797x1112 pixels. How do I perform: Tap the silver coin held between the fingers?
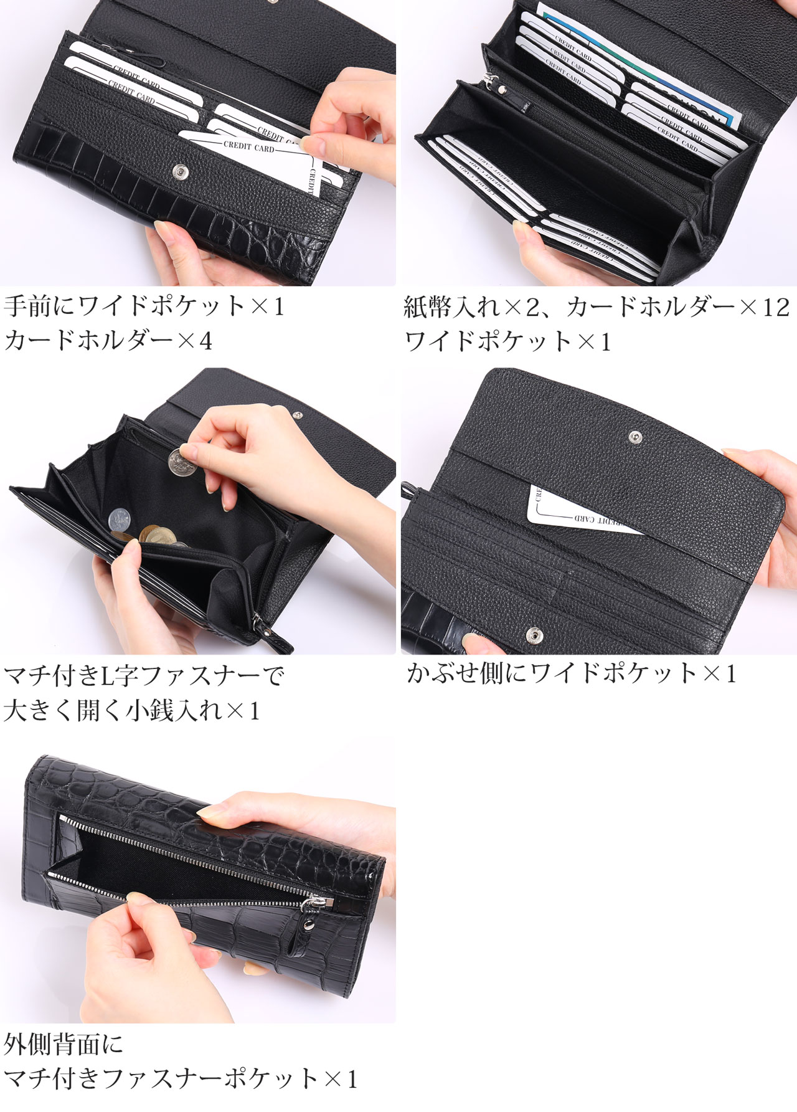coord(181,462)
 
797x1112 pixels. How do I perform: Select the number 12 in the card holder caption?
coord(775,307)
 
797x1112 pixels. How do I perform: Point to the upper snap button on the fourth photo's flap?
coord(634,437)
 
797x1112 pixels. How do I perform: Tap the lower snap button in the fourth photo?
coord(534,635)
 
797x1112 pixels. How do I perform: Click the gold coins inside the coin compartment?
coord(153,535)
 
